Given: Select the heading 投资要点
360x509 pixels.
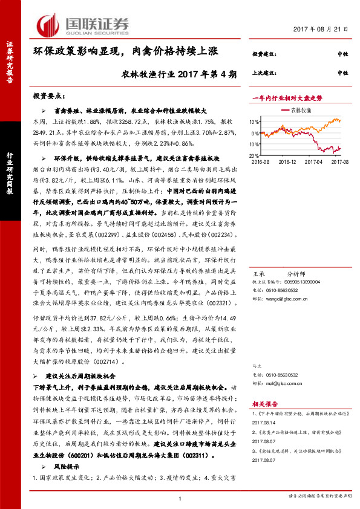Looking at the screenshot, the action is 51,96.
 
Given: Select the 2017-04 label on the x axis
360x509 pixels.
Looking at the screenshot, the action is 313,162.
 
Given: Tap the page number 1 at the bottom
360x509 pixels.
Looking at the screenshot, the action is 180,498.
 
